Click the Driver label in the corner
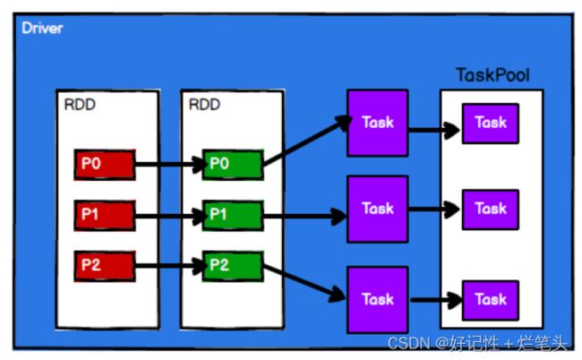click(x=42, y=28)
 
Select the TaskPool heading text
click(x=492, y=75)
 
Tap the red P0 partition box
click(x=105, y=165)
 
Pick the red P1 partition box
click(x=105, y=215)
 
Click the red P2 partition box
click(x=105, y=266)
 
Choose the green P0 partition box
click(x=233, y=165)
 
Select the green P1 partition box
click(x=233, y=215)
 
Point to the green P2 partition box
click(x=233, y=266)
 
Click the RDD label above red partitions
click(x=80, y=105)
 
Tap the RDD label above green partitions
click(x=204, y=105)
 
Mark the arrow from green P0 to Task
click(x=307, y=141)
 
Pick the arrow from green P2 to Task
click(x=304, y=282)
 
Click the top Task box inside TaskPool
click(x=491, y=124)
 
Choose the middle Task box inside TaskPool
click(x=491, y=210)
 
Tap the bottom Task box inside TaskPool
click(x=491, y=301)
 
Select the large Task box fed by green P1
click(x=378, y=210)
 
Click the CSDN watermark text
click(x=478, y=343)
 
